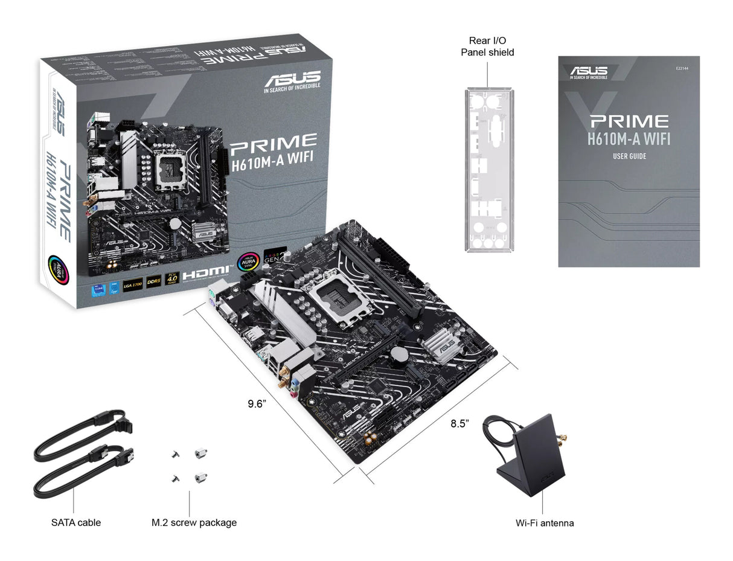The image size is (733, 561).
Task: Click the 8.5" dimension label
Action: pos(459,423)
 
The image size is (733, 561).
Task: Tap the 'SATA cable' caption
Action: pos(76,522)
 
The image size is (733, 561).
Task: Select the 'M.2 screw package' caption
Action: pos(194,522)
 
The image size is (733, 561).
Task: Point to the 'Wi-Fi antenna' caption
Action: pos(544,523)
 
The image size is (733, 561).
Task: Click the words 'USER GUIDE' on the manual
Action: pos(629,156)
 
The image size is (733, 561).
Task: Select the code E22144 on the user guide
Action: pos(683,68)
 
